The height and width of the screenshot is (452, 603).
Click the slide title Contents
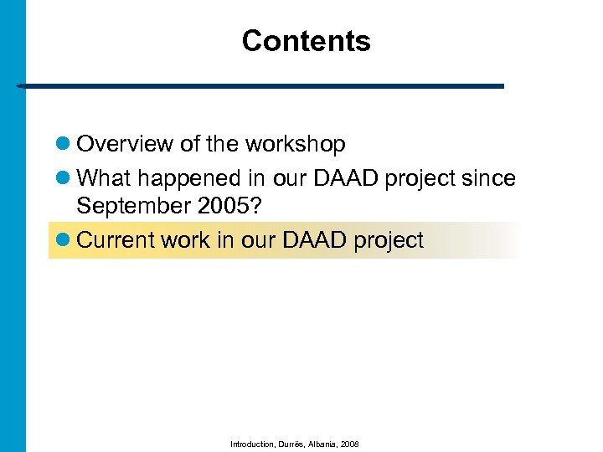(x=306, y=41)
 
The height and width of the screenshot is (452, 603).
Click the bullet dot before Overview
(x=63, y=145)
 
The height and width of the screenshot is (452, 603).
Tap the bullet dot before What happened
(x=63, y=180)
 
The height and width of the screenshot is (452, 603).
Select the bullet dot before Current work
(x=63, y=241)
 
